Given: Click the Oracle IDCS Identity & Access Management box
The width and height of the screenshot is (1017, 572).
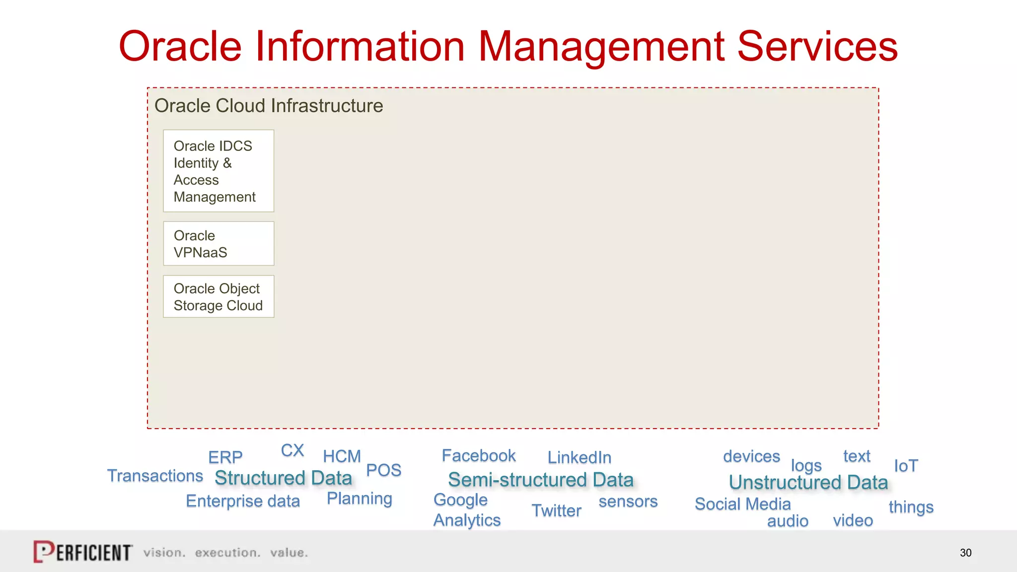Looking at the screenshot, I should click(218, 171).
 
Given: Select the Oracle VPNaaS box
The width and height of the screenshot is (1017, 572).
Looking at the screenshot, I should click(218, 244).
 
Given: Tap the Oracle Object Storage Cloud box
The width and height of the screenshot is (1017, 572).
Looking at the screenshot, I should click(218, 297).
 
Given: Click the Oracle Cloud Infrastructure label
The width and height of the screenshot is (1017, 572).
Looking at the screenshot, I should click(269, 106).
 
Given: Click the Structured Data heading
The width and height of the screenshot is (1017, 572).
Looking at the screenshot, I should click(283, 478).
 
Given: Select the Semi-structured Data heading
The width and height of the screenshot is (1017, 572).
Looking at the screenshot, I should click(541, 480).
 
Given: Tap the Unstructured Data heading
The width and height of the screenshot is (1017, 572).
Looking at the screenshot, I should click(808, 483).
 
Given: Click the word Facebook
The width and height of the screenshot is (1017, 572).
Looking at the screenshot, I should click(479, 456).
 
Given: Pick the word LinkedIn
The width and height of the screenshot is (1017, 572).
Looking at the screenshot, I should click(579, 458).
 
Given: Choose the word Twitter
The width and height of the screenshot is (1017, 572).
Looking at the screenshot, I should click(556, 511).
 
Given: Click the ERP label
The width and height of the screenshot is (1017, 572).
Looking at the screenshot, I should click(225, 457).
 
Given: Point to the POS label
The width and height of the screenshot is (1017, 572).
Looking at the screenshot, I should click(383, 470).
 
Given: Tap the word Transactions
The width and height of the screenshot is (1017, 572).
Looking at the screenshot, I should click(155, 476).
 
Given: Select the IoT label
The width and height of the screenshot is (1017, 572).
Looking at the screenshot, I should click(906, 466).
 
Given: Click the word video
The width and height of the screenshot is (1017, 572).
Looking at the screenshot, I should click(853, 520).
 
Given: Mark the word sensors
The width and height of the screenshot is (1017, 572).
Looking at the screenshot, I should click(628, 501).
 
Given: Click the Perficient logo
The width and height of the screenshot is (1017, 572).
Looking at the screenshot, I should click(82, 552).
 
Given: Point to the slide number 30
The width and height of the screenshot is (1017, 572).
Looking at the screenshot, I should click(965, 553).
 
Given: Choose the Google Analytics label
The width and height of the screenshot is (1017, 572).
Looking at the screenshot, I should click(466, 510).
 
